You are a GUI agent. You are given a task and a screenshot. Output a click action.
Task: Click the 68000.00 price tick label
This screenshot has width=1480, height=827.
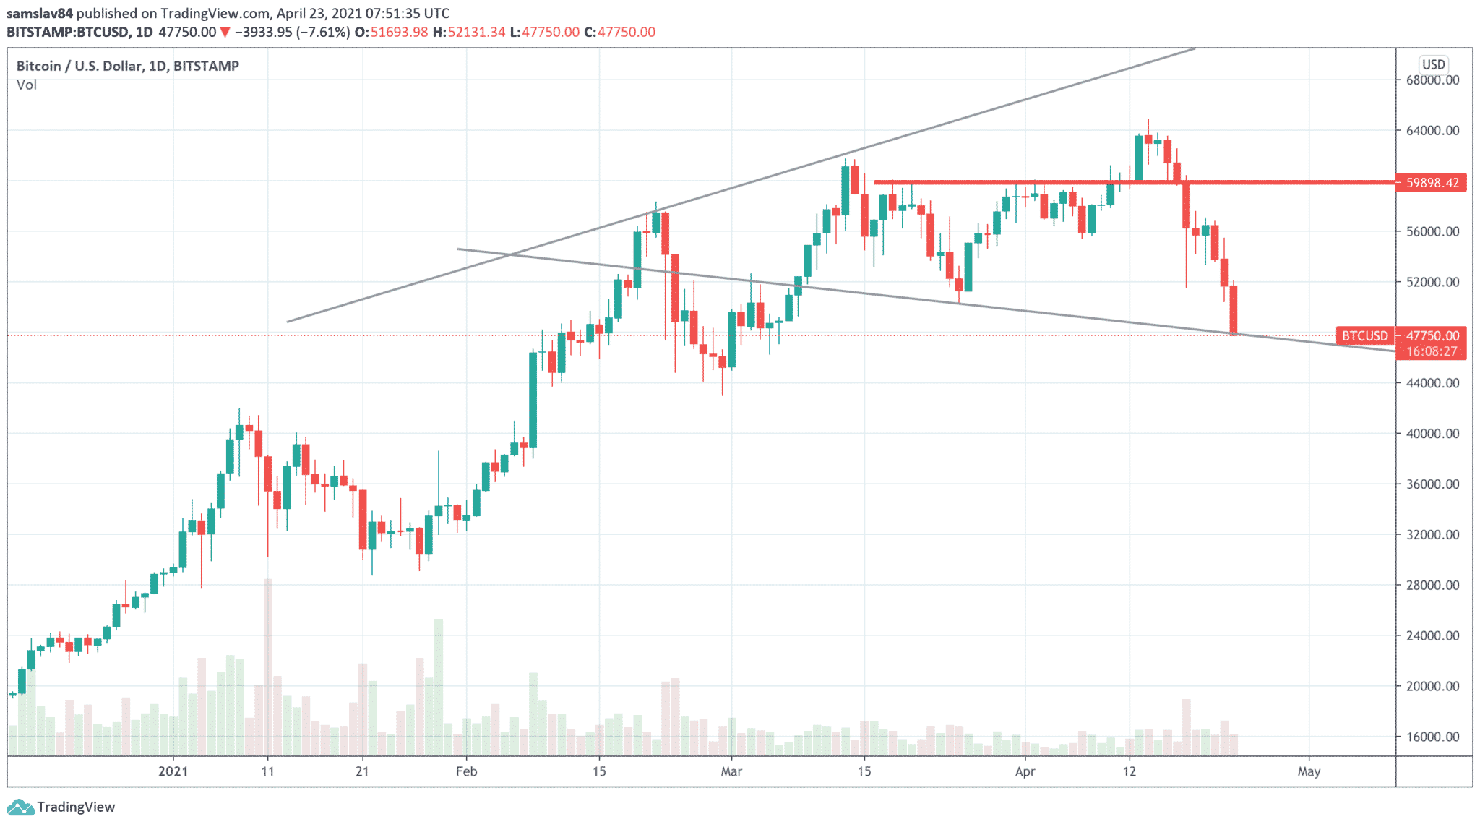[1432, 80]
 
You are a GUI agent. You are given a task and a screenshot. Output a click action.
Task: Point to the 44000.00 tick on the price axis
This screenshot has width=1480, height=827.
[1432, 383]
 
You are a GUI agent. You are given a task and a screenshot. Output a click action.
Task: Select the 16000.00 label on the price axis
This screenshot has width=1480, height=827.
[1432, 737]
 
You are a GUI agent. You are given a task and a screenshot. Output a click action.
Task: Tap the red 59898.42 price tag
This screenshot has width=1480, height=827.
[1432, 183]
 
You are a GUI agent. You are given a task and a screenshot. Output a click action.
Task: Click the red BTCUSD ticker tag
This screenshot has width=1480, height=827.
[1364, 335]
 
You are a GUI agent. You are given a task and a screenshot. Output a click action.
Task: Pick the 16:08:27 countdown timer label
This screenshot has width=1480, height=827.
[1432, 351]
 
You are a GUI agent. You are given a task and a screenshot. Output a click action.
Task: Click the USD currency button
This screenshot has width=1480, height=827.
[1433, 64]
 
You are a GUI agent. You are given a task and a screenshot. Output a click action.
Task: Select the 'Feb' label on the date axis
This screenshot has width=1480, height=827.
[466, 771]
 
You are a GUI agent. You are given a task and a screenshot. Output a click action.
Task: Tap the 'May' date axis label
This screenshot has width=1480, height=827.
[1309, 771]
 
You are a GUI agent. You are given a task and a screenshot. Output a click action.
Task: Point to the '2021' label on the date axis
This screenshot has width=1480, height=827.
[173, 771]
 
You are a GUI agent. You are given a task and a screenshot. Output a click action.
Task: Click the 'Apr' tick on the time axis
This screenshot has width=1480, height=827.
[1025, 771]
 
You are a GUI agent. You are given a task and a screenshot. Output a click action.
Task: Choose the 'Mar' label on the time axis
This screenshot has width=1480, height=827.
[731, 771]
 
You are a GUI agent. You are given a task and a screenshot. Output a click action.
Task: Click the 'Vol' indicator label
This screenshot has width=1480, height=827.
[27, 85]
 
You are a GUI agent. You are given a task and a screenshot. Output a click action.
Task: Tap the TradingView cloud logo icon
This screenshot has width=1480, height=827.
[20, 807]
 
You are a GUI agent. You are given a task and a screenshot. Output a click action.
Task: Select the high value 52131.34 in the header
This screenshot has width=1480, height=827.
[476, 32]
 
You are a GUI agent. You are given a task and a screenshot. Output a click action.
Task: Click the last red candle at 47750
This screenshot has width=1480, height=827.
[1234, 310]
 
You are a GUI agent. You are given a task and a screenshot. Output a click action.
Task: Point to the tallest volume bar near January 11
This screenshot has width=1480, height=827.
[268, 665]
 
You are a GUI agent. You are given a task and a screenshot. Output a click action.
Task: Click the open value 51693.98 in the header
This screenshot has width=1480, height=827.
[399, 32]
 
